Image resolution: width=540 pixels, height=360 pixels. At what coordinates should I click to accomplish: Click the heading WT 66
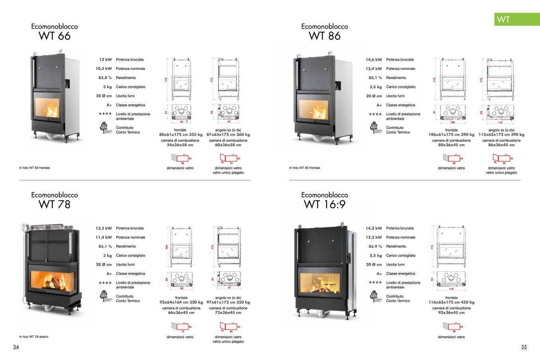coord(55,36)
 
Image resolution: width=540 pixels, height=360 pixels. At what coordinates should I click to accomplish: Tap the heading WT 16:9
coord(325,205)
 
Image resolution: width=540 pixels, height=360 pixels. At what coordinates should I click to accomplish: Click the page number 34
coord(16,347)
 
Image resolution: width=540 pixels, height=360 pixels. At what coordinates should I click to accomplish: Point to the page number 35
coord(524,347)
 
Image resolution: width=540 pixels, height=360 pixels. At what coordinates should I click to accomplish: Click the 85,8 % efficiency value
coord(105,78)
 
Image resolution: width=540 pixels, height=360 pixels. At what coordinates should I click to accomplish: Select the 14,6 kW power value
coord(374,60)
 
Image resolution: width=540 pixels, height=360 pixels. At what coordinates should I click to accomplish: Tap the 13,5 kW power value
coord(104,228)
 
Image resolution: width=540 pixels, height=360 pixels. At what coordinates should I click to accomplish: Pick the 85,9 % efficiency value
coord(375,247)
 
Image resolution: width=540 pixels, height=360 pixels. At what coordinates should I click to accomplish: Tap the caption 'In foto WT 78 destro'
coord(33,337)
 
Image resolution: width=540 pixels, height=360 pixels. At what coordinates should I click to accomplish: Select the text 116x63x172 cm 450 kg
coord(451,302)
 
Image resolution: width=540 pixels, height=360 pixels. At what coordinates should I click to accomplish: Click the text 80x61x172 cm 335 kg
coord(181,135)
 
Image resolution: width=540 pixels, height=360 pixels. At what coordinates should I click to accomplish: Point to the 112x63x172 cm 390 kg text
coord(501,135)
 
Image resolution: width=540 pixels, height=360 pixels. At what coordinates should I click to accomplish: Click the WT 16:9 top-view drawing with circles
coord(451,278)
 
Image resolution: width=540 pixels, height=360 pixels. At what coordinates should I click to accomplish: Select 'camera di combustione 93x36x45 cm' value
coord(451,313)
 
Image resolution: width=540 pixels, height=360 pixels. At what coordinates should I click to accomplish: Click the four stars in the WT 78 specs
coord(105,283)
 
